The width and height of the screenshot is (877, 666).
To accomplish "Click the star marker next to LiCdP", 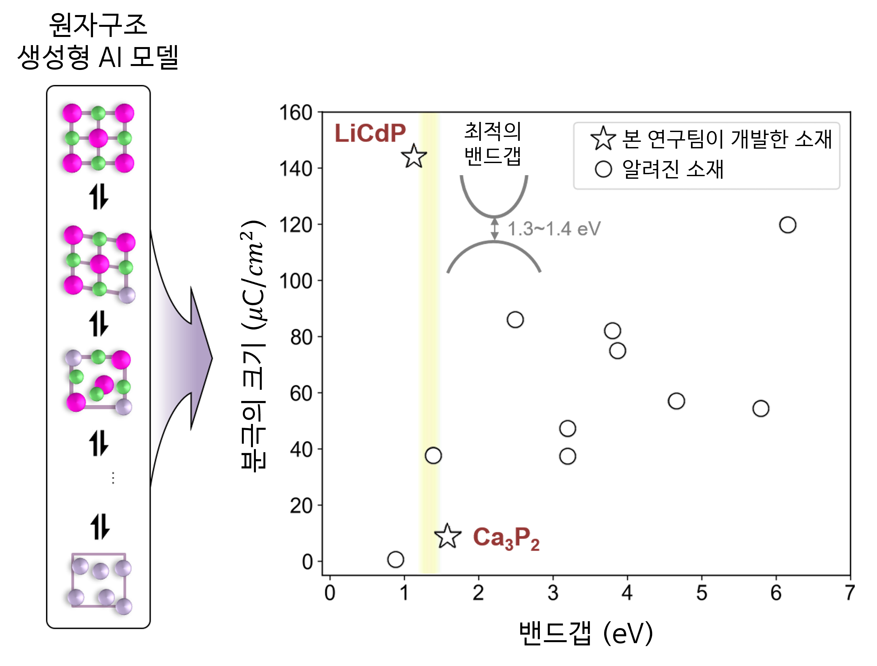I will click(414, 157).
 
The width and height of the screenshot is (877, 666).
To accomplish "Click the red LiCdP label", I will click(370, 133).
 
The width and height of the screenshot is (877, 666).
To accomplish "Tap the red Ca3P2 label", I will click(506, 538).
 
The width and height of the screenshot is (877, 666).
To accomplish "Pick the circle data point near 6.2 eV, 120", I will click(787, 225).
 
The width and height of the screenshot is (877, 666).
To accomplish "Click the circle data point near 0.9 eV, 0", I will click(395, 559).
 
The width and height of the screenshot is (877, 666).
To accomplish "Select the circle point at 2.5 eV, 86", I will click(515, 320).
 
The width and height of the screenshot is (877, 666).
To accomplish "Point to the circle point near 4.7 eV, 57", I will click(676, 401).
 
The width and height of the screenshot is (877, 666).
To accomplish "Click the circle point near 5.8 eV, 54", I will click(760, 408).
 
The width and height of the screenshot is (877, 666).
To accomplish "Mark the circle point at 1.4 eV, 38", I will click(433, 455).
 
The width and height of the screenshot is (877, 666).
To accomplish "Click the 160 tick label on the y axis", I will click(295, 113).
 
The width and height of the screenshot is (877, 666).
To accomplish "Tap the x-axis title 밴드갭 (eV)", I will click(586, 633).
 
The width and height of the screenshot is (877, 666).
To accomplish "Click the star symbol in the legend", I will click(603, 139).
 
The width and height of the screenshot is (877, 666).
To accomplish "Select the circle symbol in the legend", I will click(603, 169).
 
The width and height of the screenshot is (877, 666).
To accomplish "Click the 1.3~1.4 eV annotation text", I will click(554, 229).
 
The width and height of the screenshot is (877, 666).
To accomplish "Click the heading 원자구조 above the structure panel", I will click(98, 25).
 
